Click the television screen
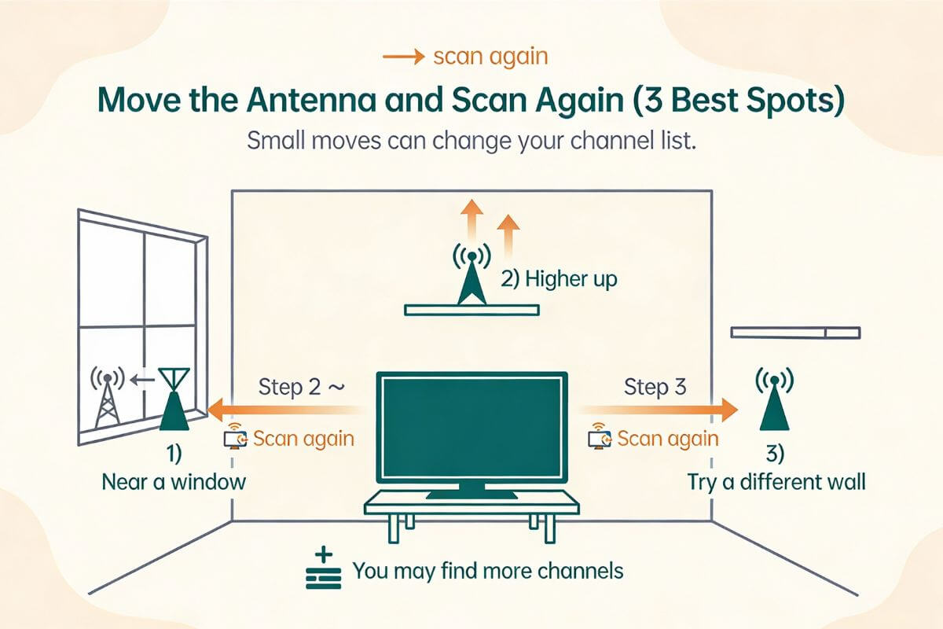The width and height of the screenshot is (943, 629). tap(472, 428)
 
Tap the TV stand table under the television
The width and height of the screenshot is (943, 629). tap(472, 507)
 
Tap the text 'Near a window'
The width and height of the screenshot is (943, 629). tap(174, 480)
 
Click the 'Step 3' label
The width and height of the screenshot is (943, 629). tap(655, 386)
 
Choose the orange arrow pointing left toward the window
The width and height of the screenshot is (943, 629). tap(283, 410)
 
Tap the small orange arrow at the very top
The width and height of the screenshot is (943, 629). tap(403, 57)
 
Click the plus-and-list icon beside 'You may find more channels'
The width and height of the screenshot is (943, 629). tap(323, 571)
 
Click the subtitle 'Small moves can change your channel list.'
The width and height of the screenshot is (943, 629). tap(472, 142)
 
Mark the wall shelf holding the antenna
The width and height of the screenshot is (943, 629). tap(472, 310)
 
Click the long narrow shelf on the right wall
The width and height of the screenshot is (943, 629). tap(794, 333)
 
